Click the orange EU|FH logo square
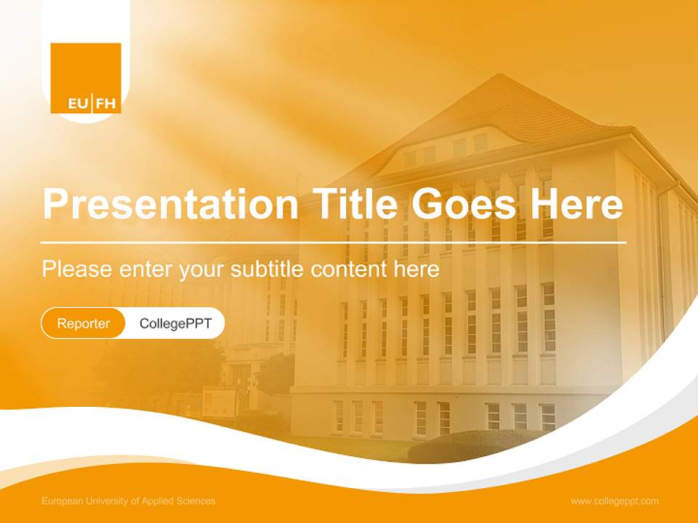click(86, 77)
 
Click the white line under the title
click(333, 242)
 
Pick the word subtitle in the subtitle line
click(268, 269)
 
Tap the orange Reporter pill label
click(84, 323)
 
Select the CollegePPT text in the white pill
click(175, 323)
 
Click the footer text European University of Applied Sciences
click(129, 501)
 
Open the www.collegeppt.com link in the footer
click(614, 501)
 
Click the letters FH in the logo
click(106, 104)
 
